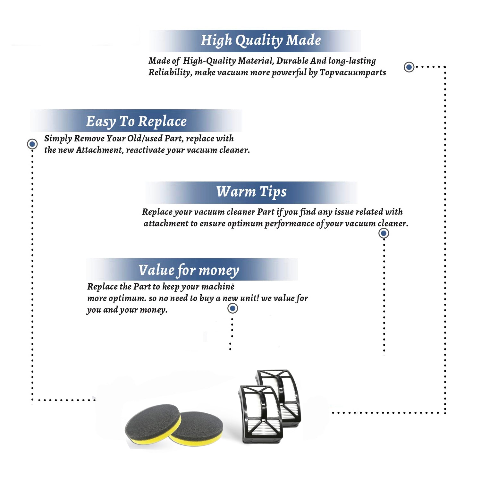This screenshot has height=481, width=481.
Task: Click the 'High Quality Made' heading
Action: (261, 41)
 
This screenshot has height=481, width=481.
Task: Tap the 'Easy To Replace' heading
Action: (136, 122)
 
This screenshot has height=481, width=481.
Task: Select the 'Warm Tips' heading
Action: (251, 192)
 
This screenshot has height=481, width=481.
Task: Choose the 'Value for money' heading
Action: (189, 270)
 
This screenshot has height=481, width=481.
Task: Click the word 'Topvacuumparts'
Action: (353, 73)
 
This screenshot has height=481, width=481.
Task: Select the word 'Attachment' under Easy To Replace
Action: (99, 150)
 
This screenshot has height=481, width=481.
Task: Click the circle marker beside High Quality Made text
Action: (409, 67)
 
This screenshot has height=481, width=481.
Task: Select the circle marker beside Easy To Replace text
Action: (32, 144)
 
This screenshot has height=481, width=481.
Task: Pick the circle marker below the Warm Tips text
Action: (384, 233)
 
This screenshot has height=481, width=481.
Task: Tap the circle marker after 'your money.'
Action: (232, 308)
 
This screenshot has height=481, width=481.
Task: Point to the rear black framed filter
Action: (282, 393)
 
